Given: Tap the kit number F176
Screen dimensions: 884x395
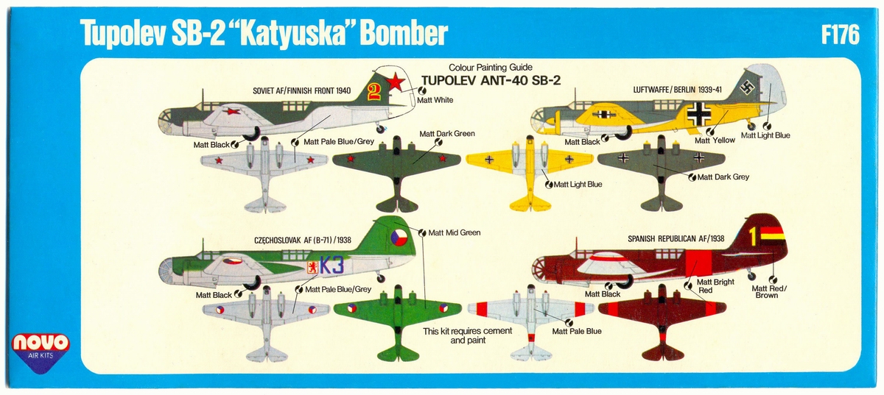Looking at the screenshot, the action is [x=839, y=34].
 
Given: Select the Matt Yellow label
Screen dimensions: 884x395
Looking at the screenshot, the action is [x=714, y=140].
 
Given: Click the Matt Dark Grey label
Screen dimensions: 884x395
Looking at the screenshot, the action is [x=723, y=177].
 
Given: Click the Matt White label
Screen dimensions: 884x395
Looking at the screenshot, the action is [x=435, y=100].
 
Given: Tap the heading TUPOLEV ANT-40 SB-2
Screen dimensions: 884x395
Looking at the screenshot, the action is [x=491, y=80].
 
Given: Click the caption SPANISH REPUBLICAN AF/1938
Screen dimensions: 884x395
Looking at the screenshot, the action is [x=676, y=239].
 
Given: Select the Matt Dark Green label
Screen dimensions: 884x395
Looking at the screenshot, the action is [x=446, y=134].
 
